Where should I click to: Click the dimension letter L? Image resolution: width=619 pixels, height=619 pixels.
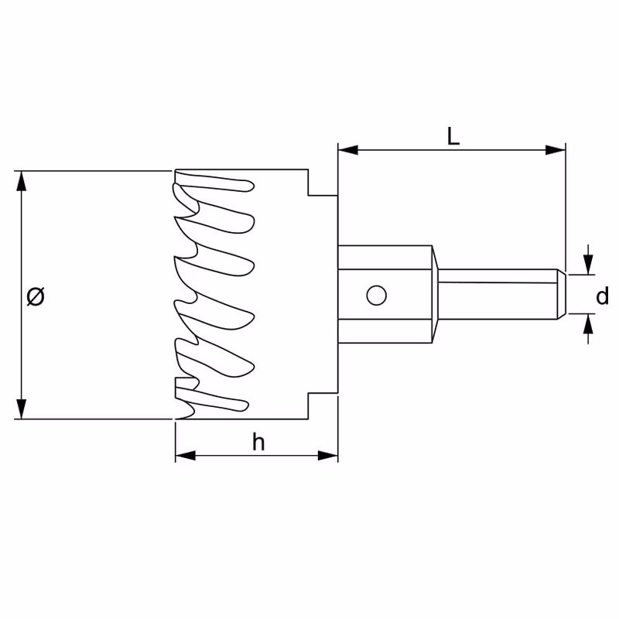click(x=453, y=136)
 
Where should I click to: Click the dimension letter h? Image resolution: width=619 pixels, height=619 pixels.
click(x=258, y=442)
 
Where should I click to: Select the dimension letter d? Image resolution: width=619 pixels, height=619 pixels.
click(x=603, y=296)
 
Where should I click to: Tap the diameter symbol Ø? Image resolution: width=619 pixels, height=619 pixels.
click(x=36, y=296)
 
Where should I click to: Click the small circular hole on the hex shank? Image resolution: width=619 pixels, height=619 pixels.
click(x=376, y=296)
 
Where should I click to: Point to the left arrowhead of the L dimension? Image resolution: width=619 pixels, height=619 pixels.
click(x=348, y=150)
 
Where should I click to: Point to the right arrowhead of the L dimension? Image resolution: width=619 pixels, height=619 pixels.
click(x=556, y=150)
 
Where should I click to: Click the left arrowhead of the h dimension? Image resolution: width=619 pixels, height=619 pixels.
click(x=186, y=456)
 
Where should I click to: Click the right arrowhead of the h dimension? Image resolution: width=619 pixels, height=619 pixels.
click(x=328, y=456)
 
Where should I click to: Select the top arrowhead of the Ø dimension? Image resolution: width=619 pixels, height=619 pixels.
click(x=22, y=181)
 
